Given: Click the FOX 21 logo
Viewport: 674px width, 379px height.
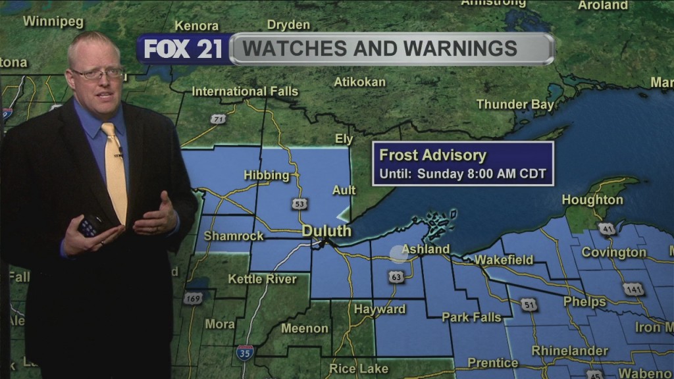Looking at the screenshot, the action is tap(183, 49).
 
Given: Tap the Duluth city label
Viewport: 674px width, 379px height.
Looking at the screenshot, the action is tap(326, 231).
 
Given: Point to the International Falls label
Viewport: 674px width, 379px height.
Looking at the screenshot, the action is tap(245, 91).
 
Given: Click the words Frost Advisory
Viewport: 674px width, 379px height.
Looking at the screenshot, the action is tap(432, 156).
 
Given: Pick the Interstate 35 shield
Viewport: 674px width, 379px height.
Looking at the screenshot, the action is tap(245, 352).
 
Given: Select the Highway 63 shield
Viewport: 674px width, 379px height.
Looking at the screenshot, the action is tap(396, 277).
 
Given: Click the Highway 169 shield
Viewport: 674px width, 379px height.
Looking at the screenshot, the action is tap(193, 299).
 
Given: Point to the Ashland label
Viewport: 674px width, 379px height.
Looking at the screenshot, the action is tap(425, 249).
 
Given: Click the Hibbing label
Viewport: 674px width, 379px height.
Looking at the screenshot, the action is tap(267, 175).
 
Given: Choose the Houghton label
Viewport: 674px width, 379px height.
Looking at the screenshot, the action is tap(592, 200).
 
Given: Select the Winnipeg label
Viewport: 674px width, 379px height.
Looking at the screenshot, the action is tap(53, 21).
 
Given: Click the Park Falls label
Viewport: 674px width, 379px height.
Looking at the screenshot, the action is tap(471, 317).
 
